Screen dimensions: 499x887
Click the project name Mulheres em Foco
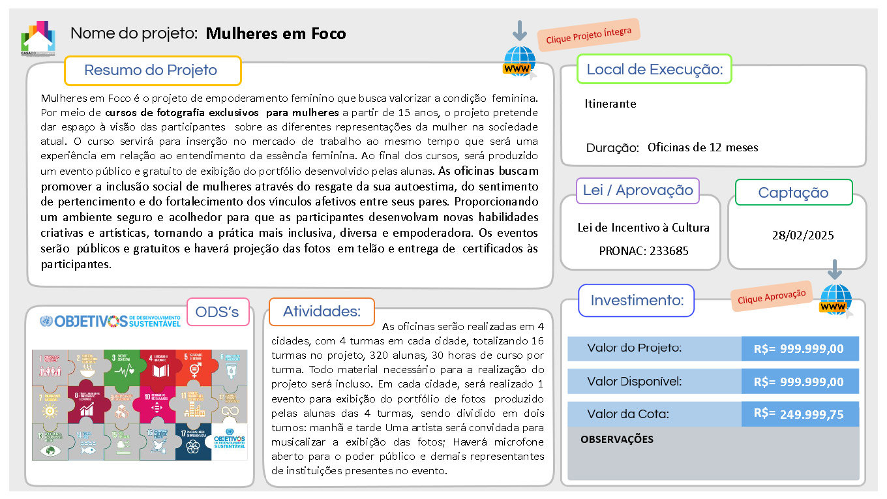pos(276,33)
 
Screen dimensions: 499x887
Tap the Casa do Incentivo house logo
pos(38,38)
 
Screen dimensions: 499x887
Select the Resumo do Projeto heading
pos(152,70)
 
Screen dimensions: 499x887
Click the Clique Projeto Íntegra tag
pos(589,35)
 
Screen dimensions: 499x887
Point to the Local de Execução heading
pos(654,69)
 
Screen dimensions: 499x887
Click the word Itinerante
pos(610,104)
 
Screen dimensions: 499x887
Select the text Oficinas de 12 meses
pos(702,147)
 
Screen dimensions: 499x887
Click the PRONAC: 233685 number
pos(643,250)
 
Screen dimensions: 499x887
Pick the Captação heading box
pos(793,192)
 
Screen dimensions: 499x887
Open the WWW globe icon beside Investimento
pos(835,300)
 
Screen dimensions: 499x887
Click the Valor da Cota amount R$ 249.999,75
pos(800,414)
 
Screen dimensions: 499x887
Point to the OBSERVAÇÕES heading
pos(616,440)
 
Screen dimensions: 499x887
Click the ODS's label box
pos(217,312)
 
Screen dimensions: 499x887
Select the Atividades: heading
pos(322,312)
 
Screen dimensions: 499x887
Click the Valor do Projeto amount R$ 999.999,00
pos(800,349)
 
